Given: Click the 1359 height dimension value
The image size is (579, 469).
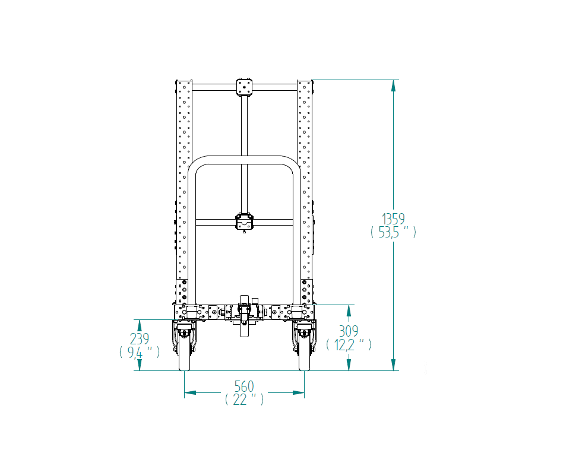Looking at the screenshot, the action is tap(393, 219).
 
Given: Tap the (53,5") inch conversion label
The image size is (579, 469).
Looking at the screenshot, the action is tap(393, 232).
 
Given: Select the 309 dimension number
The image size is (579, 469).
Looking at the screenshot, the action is tap(349, 331).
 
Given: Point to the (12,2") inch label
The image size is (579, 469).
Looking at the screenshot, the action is tap(349, 344).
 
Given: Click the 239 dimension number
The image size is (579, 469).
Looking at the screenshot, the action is tap(139, 338).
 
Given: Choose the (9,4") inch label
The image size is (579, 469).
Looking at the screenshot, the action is tap(139, 352).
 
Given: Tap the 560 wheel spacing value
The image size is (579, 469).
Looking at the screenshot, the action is tap(244, 386).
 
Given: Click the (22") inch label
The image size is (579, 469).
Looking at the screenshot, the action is tap(244, 400).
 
